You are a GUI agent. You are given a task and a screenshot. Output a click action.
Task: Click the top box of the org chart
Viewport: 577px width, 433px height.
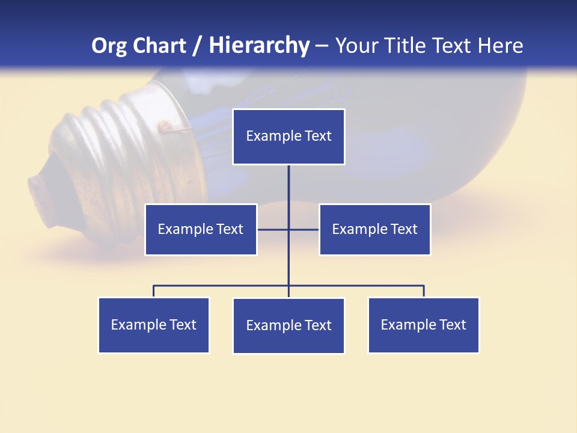[x=288, y=137]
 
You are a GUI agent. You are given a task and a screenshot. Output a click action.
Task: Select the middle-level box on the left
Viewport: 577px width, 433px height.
[x=201, y=229]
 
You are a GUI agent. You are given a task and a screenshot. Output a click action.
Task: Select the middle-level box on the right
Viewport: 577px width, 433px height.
[x=374, y=229]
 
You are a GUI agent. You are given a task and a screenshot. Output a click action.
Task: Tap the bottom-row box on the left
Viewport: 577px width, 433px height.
[x=154, y=325]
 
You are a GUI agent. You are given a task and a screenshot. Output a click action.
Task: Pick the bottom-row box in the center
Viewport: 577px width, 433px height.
[x=288, y=325]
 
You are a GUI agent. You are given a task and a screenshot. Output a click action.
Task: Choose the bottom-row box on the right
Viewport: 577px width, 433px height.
[x=423, y=325]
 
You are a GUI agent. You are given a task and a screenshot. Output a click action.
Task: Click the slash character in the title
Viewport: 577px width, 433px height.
[x=198, y=46]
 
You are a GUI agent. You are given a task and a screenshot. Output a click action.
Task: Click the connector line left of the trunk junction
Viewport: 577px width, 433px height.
[x=273, y=229]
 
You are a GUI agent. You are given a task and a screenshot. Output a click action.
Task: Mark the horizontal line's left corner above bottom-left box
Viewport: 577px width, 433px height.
[x=154, y=286]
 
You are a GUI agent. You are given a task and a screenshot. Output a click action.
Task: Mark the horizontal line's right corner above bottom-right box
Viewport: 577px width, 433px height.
[x=423, y=286]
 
